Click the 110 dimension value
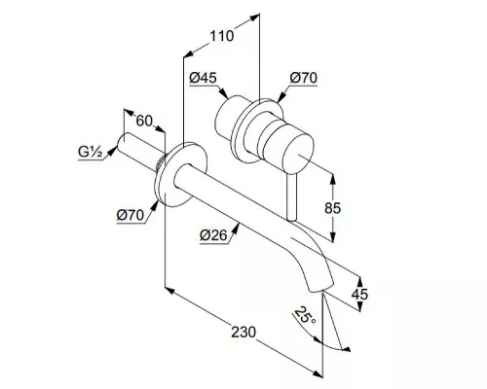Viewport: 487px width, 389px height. coord(222,36)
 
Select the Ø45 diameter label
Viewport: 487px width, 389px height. coord(204,78)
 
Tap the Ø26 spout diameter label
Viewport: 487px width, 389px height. coord(213,235)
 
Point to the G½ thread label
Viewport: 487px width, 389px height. coord(91,152)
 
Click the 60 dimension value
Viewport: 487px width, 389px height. coord(144,121)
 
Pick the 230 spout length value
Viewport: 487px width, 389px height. coord(243,332)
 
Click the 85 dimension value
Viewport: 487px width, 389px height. coord(333,208)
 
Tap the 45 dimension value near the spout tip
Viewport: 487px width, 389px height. coord(360,294)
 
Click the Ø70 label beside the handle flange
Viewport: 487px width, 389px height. coord(304,78)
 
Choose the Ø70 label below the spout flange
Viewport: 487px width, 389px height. coord(131,215)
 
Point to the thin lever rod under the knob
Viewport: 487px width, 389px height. coord(291,197)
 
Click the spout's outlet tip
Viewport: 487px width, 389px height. coord(321,287)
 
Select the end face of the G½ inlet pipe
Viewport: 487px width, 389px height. coord(123,143)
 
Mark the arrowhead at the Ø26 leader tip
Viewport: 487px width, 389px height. coord(237,228)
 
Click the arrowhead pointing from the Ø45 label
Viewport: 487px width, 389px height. coord(224,93)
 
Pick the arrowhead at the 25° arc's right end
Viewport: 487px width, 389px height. coord(347,349)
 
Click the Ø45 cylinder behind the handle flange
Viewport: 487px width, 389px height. coord(227,117)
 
